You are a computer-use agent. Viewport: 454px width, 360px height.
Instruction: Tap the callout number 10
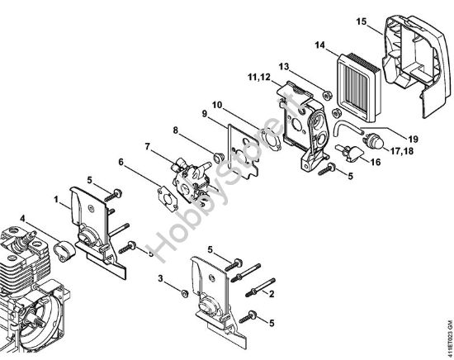pyautogui.click(x=216, y=105)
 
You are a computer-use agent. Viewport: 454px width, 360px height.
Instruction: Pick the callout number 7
pyautogui.click(x=149, y=146)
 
